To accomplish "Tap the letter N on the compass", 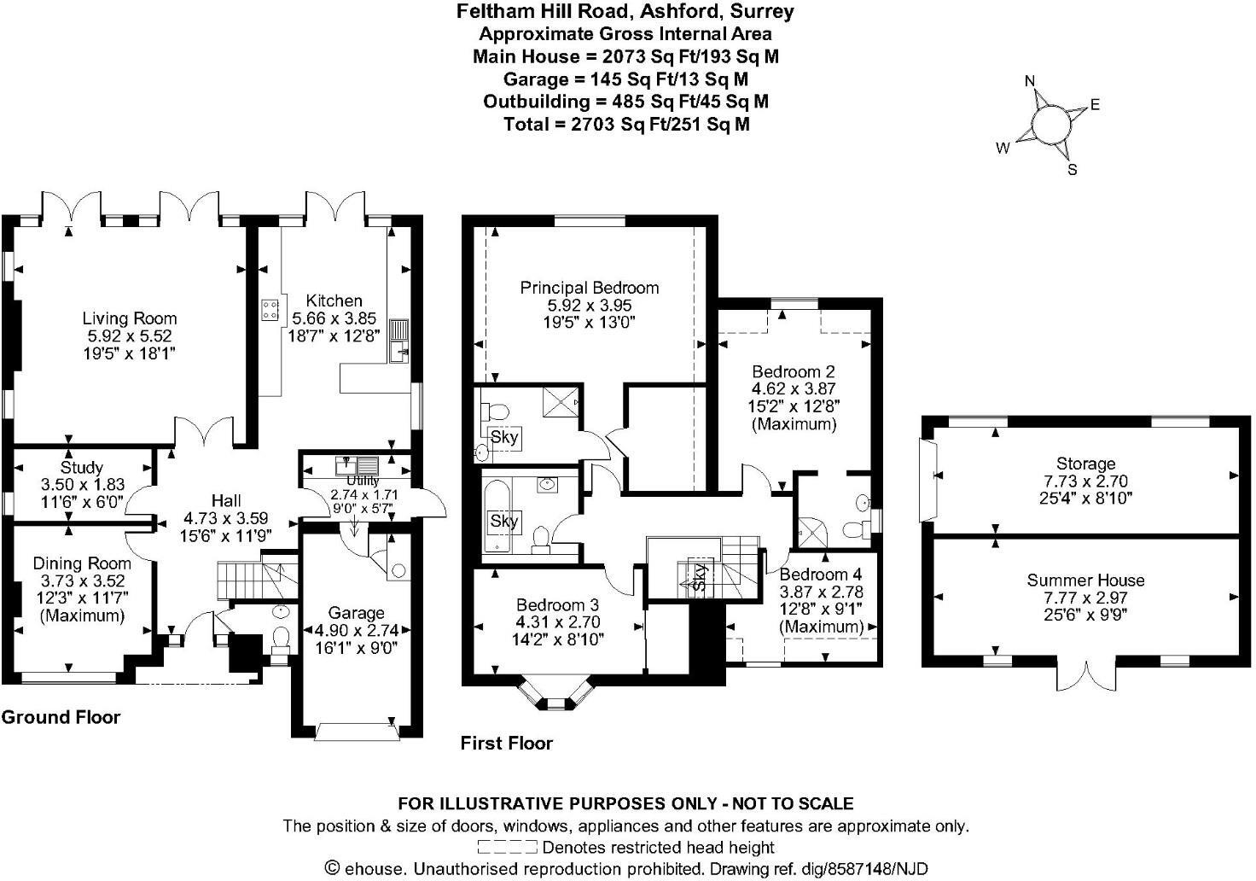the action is point(1030,81).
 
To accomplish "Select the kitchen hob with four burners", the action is point(271,310).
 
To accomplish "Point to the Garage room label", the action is point(357,613).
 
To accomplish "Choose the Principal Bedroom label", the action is point(590,288).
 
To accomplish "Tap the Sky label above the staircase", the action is point(700,578).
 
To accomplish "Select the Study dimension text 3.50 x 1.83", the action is point(82,484).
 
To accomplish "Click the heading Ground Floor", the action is point(61,717).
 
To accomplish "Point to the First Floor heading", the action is point(507,743).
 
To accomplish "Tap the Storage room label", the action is point(1085,464).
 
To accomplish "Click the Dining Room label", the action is point(82,563).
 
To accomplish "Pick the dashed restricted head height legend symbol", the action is point(507,848).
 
